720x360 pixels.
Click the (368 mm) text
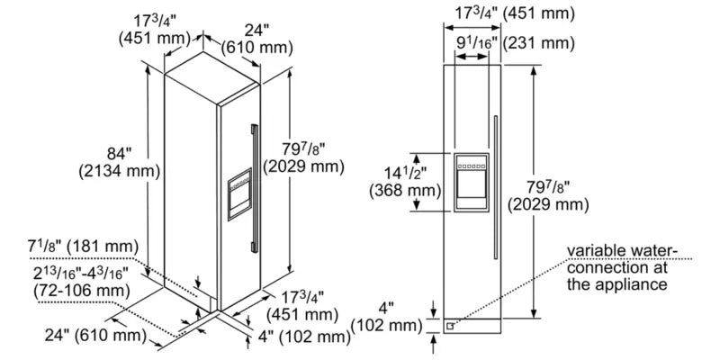coord(405,190)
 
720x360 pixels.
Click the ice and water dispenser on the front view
coord(472,184)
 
